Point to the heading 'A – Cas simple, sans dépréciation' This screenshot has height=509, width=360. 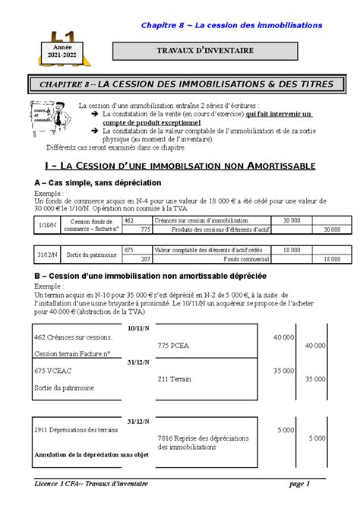[x=98, y=183]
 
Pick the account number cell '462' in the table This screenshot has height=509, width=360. [x=129, y=220]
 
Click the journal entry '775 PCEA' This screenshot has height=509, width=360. [x=174, y=345]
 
